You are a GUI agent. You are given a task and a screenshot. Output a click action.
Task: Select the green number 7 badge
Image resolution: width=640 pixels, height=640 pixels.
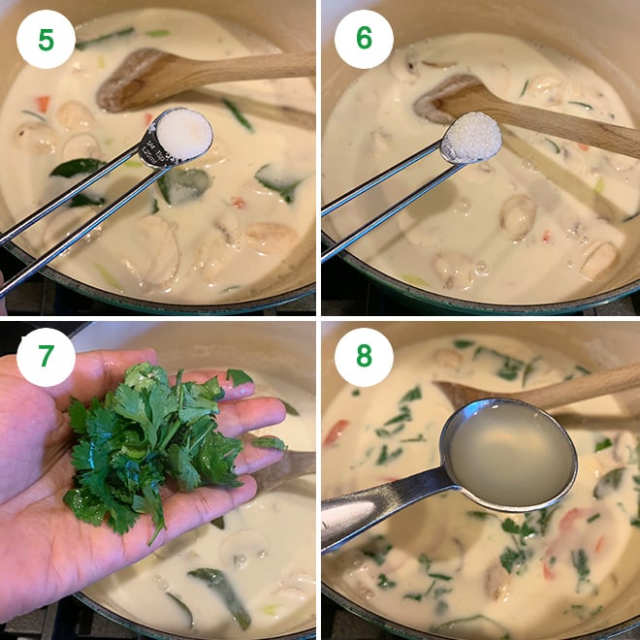click(x=46, y=357)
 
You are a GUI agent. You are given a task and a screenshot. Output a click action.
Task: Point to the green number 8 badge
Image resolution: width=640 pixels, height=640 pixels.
click(x=364, y=357)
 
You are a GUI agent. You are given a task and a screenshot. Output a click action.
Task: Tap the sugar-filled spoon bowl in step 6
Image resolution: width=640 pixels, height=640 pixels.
click(x=471, y=139)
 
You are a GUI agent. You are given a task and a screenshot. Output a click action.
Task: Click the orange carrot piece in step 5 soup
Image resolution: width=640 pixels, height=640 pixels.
click(x=43, y=103)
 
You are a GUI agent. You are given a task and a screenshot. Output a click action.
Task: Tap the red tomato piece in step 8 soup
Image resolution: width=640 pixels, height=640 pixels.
click(x=336, y=432)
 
